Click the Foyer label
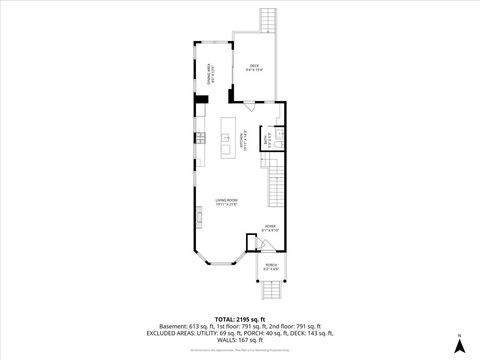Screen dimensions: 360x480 [x=270, y=229]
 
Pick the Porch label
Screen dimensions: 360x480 [x=271, y=267]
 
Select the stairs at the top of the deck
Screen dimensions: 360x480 [x=267, y=20]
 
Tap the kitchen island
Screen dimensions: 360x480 [x=226, y=138]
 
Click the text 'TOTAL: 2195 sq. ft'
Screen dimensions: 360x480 [x=238, y=320]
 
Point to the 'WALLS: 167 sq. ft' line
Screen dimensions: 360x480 [x=239, y=340]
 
